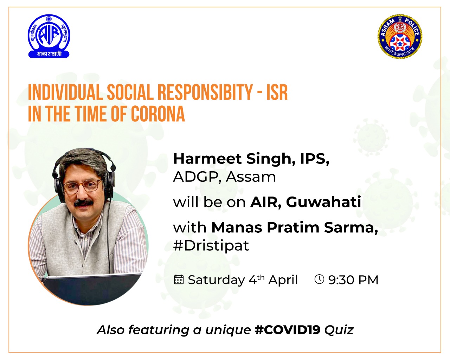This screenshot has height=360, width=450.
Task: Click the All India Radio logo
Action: (49, 36)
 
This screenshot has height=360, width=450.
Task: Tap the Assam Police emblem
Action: (400, 37)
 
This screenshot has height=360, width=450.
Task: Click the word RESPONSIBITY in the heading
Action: (205, 92)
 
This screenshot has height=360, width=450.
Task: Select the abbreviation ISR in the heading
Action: (277, 92)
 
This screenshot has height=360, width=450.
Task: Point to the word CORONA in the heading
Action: (158, 114)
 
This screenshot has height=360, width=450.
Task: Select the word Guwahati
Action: (323, 202)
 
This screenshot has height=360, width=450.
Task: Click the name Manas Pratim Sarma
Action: (295, 227)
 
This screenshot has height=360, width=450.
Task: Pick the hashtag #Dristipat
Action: (211, 246)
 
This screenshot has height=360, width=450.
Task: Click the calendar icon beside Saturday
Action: (179, 279)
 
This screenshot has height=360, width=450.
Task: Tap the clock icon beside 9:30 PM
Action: (319, 279)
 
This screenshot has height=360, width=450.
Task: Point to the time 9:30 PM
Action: (353, 280)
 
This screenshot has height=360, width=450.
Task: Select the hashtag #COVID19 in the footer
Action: (288, 330)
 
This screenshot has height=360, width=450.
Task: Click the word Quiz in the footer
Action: (339, 330)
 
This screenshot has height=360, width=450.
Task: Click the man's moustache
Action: (84, 203)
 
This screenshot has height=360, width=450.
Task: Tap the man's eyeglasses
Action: (82, 186)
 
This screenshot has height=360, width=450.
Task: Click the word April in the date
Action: (283, 280)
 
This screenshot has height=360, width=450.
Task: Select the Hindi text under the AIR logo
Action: (49, 54)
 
